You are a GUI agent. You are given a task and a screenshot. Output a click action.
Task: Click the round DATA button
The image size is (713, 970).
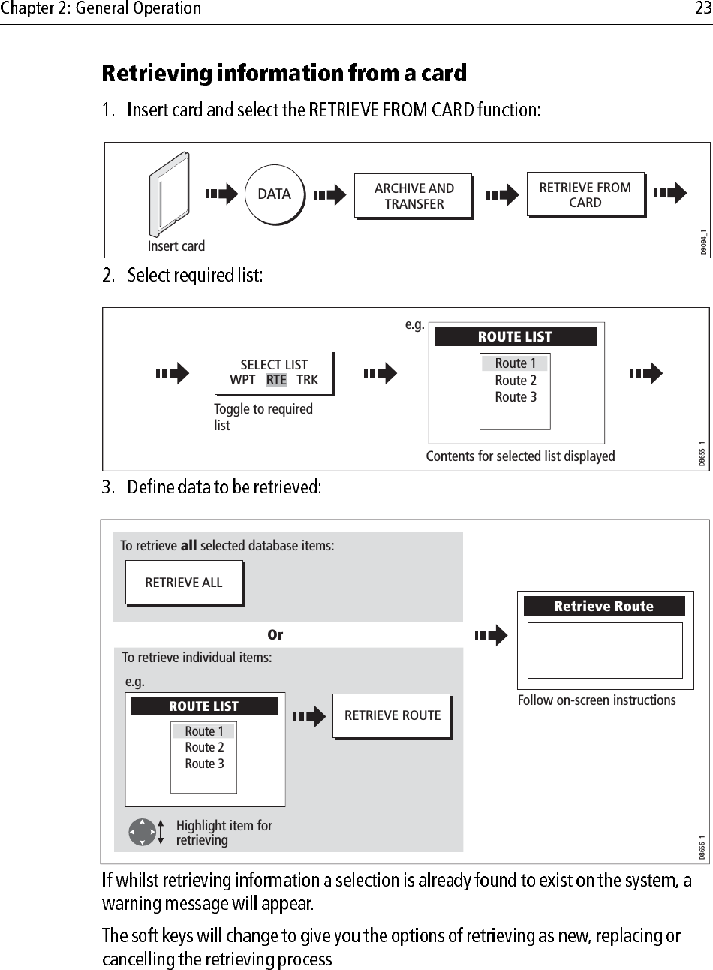tap(274, 194)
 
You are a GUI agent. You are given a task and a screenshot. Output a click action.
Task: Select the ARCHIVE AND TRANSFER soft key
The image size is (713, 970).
tap(414, 196)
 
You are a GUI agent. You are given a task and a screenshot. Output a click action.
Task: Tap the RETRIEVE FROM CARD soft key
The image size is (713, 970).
tap(585, 195)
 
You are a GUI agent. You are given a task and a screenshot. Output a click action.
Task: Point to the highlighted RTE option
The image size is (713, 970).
tap(276, 380)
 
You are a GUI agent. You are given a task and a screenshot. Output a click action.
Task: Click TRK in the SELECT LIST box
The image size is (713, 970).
tap(308, 380)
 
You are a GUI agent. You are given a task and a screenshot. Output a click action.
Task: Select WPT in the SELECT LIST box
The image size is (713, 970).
tap(242, 380)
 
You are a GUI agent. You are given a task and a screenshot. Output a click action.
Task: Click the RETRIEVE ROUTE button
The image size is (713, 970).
tap(392, 715)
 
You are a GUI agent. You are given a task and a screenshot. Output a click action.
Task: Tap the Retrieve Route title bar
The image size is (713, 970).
tap(603, 606)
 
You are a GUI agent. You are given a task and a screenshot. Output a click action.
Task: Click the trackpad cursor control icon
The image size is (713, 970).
tap(143, 832)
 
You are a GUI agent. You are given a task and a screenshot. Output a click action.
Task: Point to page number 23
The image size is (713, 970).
tap(702, 9)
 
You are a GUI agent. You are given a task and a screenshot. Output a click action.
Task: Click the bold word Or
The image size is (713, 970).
tap(275, 635)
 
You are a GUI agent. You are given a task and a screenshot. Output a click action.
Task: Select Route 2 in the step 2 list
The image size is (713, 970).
tap(515, 381)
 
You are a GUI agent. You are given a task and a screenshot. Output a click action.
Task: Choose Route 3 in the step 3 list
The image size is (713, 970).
tap(204, 764)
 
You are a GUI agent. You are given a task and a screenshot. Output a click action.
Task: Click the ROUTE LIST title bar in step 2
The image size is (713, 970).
tap(515, 336)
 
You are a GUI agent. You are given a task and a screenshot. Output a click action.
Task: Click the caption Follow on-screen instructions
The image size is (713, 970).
tap(597, 700)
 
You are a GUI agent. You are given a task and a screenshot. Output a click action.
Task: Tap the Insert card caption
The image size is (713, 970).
tap(176, 246)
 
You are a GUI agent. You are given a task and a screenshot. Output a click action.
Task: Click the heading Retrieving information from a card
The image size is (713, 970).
tap(284, 74)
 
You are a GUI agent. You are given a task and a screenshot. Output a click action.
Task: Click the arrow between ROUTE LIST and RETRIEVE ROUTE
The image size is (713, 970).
tap(308, 717)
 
